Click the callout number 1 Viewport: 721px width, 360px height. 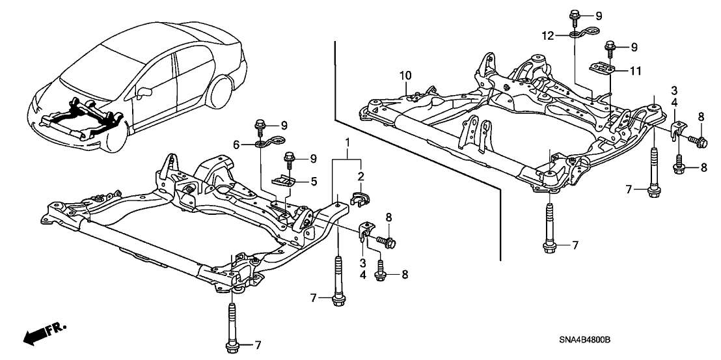[x=348, y=143]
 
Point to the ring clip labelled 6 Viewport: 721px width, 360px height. [x=267, y=143]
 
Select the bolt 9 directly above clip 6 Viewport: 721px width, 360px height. [x=260, y=124]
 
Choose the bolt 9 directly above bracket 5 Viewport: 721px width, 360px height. [x=288, y=158]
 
